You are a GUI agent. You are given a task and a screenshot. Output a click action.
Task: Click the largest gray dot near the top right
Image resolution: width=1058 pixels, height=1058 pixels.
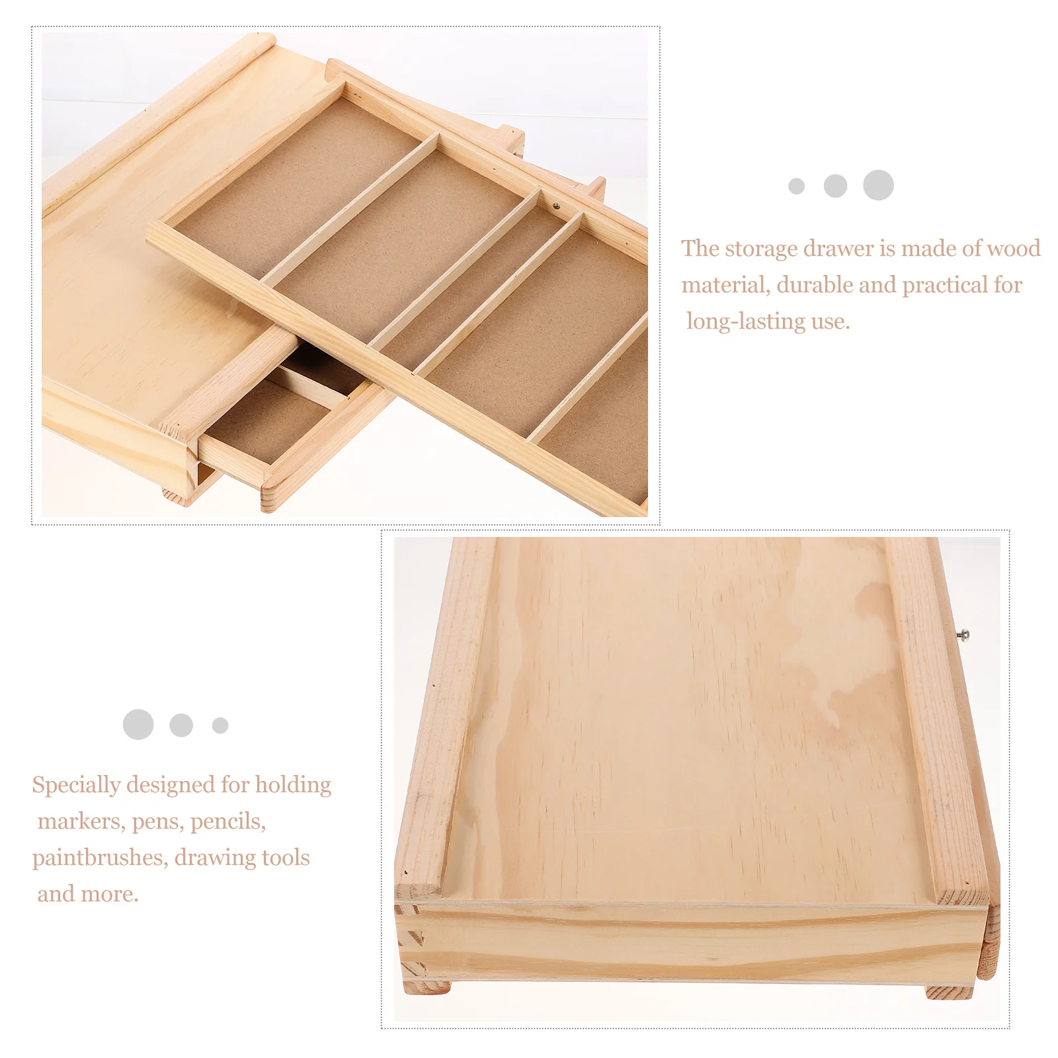point(878,185)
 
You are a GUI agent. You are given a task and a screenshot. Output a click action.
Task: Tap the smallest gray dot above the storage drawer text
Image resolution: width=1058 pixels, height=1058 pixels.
point(796,186)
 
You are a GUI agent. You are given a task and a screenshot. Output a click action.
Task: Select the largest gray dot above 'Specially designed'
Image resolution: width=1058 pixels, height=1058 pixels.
point(138,725)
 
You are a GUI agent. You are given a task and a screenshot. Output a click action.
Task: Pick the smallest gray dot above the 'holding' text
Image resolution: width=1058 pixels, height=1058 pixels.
point(220,725)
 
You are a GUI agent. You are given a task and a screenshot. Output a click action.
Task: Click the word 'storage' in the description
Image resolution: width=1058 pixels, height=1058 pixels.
point(761,249)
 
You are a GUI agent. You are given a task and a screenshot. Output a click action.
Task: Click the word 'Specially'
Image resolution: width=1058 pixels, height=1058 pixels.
point(76,785)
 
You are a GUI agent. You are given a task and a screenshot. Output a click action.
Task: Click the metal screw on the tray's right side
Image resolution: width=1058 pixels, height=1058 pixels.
point(965,635)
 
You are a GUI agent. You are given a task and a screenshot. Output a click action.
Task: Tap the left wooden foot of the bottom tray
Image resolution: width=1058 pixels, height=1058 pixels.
point(427,988)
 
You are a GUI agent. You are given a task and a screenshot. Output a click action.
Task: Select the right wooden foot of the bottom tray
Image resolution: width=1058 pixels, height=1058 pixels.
point(949,992)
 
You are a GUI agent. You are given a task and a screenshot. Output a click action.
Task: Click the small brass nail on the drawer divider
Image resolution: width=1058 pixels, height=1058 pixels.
point(556,206)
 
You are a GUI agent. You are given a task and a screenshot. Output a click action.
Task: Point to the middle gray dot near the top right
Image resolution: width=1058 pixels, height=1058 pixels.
point(835,186)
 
